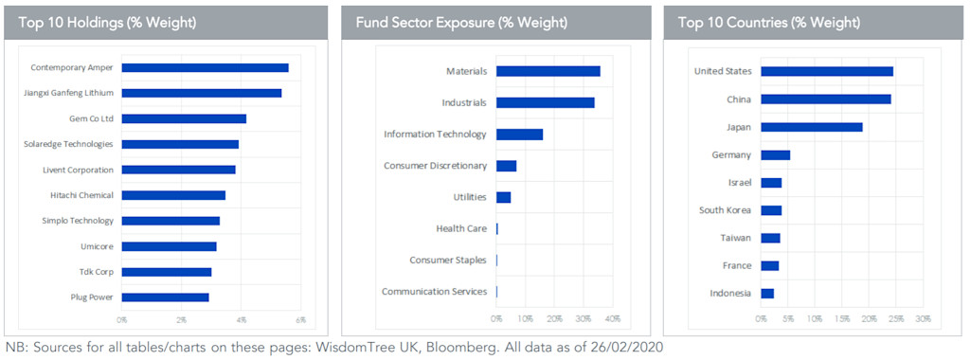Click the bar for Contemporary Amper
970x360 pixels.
(205, 67)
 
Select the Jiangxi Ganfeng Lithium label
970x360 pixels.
(67, 93)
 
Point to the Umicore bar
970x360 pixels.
(169, 246)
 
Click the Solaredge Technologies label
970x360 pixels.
(68, 144)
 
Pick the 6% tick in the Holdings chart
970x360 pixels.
(301, 319)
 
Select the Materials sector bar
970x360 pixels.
(548, 71)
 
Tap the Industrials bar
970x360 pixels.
(545, 102)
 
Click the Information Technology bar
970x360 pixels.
(519, 135)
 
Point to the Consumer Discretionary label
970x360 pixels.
(435, 166)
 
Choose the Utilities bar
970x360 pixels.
(503, 197)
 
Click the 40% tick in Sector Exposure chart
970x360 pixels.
(613, 319)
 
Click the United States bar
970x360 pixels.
(826, 71)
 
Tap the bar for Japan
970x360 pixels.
(811, 126)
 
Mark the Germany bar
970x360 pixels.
(775, 154)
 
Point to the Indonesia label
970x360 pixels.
(730, 293)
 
